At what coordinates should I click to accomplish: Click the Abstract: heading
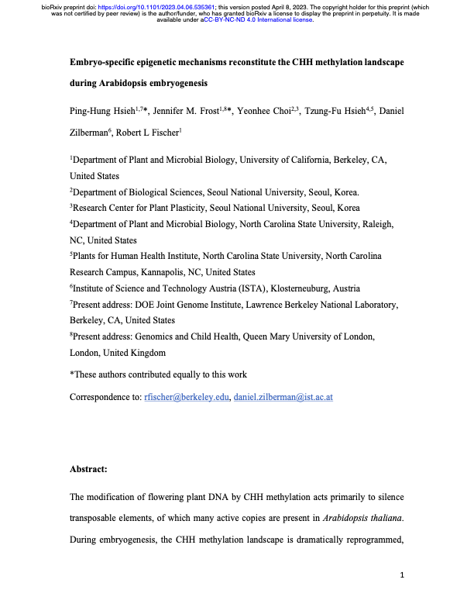pyautogui.click(x=89, y=469)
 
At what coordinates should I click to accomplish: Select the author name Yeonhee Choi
pyautogui.click(x=267, y=112)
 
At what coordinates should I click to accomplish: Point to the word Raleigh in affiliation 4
pyautogui.click(x=378, y=224)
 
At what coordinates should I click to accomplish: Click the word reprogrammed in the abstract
pyautogui.click(x=366, y=538)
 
